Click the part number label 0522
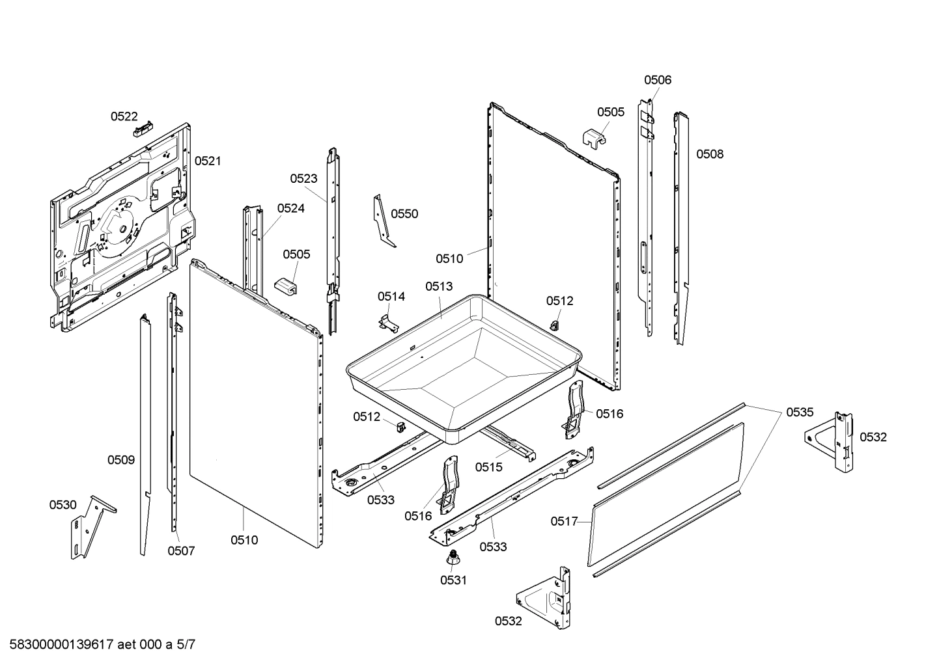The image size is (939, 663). tap(124, 116)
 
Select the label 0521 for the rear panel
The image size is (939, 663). tap(208, 161)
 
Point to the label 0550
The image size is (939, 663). tap(404, 214)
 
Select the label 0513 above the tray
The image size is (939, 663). tap(439, 286)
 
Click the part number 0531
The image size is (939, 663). tap(453, 580)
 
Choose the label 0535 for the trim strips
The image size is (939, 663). tap(800, 412)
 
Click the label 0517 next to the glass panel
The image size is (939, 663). tap(564, 521)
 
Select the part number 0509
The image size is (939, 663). tap(121, 460)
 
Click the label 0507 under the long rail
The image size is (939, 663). tap(181, 551)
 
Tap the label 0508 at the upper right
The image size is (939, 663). tap(710, 154)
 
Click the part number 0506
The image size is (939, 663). tap(658, 80)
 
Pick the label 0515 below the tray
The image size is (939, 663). tap(488, 467)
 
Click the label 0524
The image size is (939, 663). tap(290, 208)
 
